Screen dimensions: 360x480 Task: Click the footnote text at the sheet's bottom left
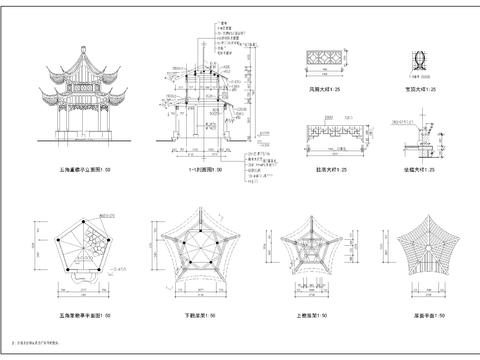click(40, 342)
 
